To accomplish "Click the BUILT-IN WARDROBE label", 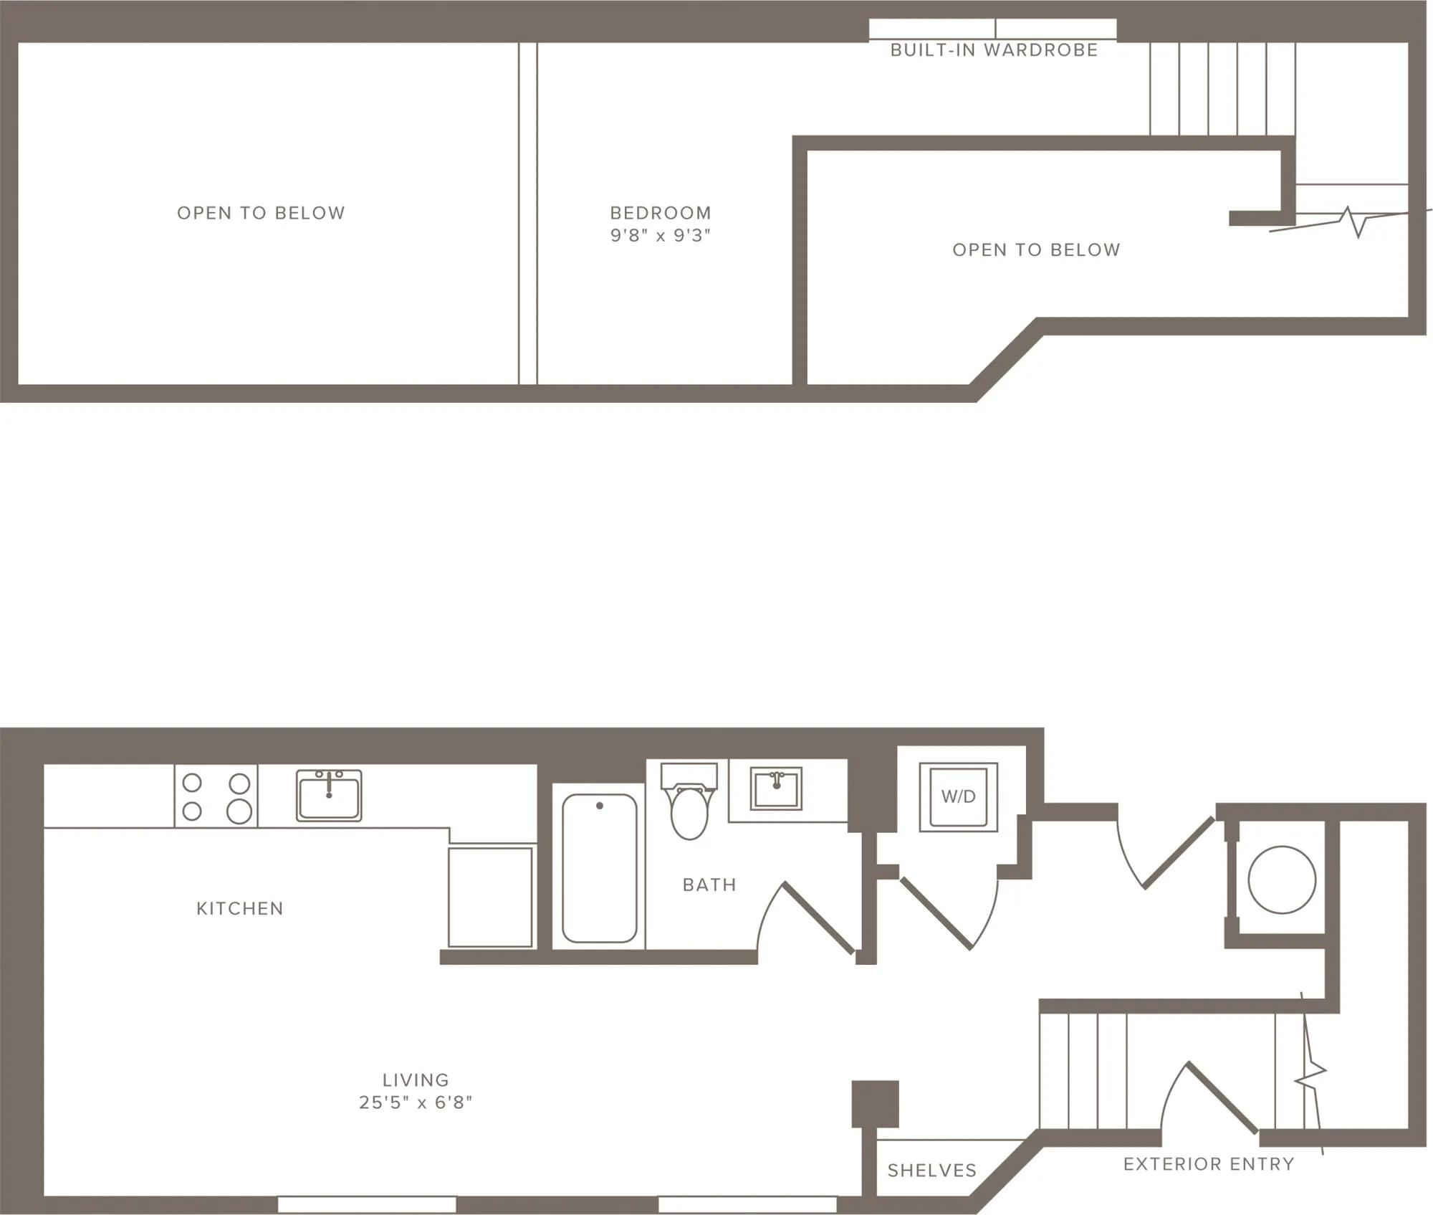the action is [x=994, y=50].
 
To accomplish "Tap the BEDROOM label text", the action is [x=661, y=213].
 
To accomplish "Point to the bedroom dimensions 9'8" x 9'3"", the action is [x=661, y=236].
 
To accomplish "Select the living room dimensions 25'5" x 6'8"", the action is [x=416, y=1102].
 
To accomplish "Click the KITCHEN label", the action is [x=240, y=909].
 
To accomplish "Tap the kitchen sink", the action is [x=329, y=796].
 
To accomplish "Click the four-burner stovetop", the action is [x=216, y=796].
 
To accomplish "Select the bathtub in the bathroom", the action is [x=600, y=868].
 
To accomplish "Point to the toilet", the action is [x=689, y=801].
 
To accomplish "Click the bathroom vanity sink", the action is [x=776, y=788].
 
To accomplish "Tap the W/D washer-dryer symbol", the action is [x=959, y=797].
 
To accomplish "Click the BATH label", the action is [x=709, y=885].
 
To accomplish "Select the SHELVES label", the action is [x=932, y=1171].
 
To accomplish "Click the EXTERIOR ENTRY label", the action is [x=1209, y=1164].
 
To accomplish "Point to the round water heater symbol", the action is [x=1282, y=880].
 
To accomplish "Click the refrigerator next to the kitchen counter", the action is [x=490, y=897].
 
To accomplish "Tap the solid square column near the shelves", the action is [x=875, y=1104].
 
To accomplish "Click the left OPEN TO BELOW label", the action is [x=261, y=213].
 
